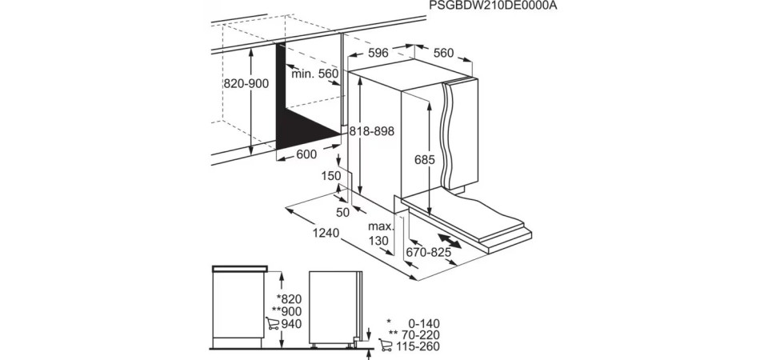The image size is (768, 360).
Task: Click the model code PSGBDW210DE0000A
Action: pos(494,6)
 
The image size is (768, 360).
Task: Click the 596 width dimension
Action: pos(378,53)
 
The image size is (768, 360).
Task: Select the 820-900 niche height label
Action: pos(246,84)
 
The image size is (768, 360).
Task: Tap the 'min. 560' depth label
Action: pos(315,74)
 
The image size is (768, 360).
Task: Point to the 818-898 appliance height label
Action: pos(372,131)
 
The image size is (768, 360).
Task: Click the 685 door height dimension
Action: pos(425,160)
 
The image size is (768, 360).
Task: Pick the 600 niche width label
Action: pos(306,154)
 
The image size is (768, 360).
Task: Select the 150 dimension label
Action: pos(331,176)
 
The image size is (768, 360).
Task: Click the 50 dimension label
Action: pos(343,213)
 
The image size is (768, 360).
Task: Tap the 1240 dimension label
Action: pos(326,234)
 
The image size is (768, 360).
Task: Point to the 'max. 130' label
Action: pos(381,234)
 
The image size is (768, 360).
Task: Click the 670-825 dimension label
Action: pos(429,253)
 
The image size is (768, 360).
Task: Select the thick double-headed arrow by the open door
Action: pos(450,242)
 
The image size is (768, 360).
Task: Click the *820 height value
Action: pos(289,299)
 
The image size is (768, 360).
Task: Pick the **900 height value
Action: pos(287,311)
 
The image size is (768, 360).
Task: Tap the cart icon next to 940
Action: pos(272,323)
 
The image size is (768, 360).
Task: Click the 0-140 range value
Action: pos(424,323)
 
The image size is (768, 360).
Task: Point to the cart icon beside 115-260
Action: pos(386,346)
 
